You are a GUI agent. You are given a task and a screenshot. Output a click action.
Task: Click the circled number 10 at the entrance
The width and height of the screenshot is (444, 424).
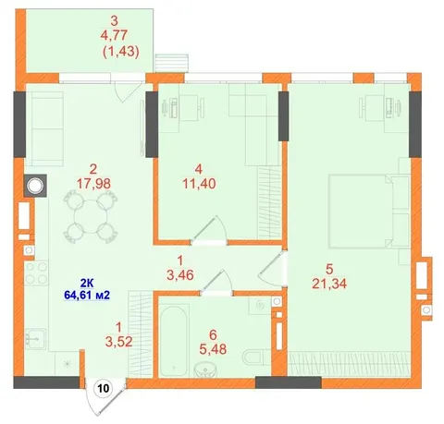tap(104, 388)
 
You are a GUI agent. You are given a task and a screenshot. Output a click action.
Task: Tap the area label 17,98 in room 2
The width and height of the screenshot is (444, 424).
tap(93, 184)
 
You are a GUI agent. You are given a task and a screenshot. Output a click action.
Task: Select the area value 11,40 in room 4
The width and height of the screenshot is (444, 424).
tap(199, 184)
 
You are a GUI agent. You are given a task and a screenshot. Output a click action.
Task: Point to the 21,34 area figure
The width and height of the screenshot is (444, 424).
tap(329, 284)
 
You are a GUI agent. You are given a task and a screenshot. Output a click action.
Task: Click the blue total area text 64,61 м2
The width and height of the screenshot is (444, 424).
tap(87, 295)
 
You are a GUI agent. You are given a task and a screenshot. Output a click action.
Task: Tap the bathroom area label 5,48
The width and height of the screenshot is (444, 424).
tap(213, 349)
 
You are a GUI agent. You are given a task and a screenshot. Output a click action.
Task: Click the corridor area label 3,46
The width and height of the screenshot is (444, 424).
tap(180, 275)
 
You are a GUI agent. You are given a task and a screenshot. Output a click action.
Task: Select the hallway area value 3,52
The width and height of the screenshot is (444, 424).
tap(118, 341)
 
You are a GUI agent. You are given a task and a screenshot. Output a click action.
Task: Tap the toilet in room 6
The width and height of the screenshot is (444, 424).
tap(253, 357)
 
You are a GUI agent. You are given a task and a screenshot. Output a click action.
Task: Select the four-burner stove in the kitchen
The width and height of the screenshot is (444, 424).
tap(36, 273)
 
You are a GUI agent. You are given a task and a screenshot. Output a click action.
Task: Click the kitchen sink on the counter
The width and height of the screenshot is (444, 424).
tap(35, 339)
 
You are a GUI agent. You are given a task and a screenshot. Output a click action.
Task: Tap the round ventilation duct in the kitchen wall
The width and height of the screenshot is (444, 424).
tap(35, 186)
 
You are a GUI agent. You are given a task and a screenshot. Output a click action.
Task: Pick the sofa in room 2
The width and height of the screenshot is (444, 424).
tap(44, 128)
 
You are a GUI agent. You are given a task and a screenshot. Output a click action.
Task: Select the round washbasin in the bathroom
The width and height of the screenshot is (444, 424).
tap(206, 369)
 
